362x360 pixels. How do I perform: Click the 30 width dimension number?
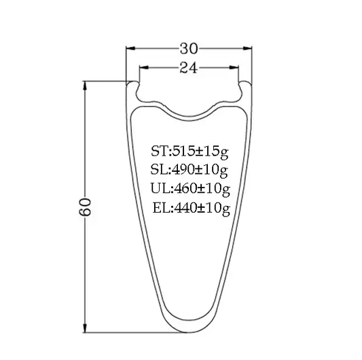point(189,48)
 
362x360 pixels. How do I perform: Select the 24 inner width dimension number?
point(189,68)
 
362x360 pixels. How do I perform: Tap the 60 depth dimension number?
point(85,207)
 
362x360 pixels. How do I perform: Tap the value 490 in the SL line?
point(183,169)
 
